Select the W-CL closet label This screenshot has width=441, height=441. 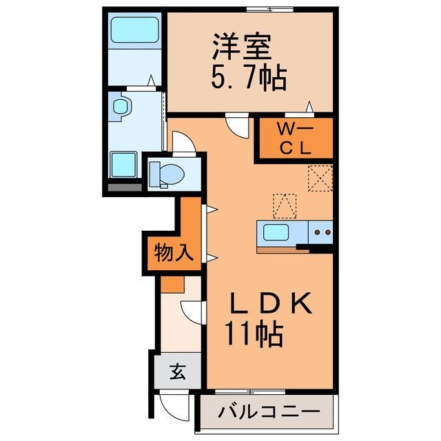tap(295, 137)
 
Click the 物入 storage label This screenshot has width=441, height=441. tap(172, 254)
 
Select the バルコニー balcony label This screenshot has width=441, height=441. tap(269, 413)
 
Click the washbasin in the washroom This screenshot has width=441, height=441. tap(121, 107)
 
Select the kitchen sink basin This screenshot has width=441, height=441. tap(279, 232)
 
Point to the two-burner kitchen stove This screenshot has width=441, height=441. tap(322, 232)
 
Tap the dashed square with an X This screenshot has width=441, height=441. tap(321, 177)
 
